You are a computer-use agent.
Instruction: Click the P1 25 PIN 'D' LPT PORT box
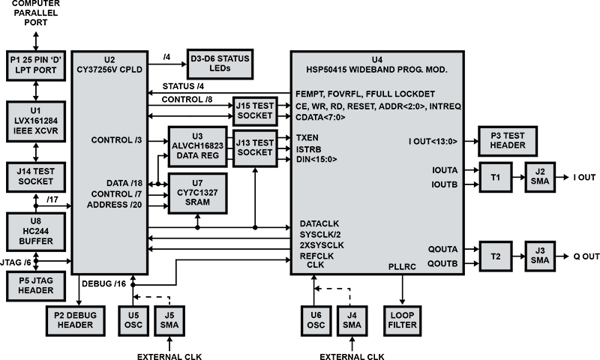coord(35,64)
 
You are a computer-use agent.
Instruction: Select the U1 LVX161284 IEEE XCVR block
coord(35,118)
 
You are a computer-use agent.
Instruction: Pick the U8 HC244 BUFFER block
coord(35,230)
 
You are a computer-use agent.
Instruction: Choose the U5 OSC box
coord(133,320)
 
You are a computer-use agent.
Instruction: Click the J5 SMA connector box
coord(168,320)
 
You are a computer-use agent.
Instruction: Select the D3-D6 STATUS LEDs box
coord(220,64)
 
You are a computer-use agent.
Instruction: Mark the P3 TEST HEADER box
coord(508,140)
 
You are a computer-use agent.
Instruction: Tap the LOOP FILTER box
coord(404,320)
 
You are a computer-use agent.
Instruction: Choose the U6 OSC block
coord(316,320)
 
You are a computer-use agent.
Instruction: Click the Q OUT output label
coord(585,256)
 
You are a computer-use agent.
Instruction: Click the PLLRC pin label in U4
coord(403,266)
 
